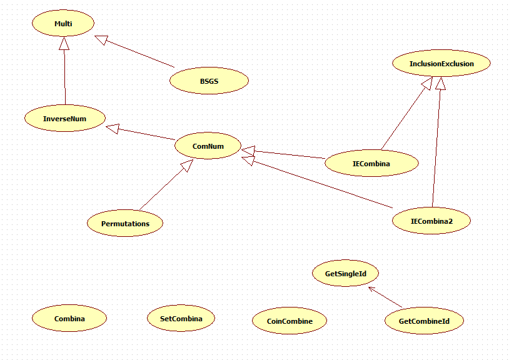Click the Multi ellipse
(x=63, y=24)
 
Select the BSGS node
(x=209, y=81)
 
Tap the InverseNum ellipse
(x=65, y=118)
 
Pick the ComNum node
(x=208, y=146)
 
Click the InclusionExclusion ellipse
(x=441, y=64)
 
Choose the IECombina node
(x=371, y=164)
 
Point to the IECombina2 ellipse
(x=431, y=221)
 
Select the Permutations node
(x=125, y=223)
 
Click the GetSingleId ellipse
(x=345, y=274)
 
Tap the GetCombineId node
(x=424, y=321)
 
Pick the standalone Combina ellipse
(x=69, y=319)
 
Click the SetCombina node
(x=181, y=319)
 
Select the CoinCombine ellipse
(x=290, y=321)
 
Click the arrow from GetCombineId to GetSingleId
(x=385, y=297)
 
